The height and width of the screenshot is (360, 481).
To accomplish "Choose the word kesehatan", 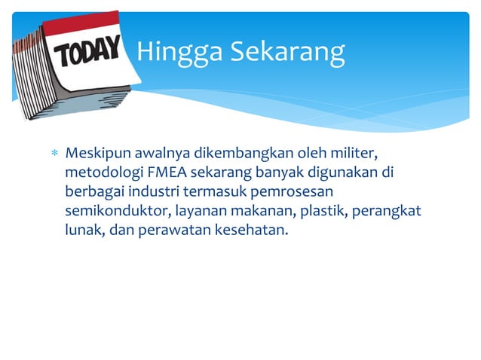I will coord(250,230).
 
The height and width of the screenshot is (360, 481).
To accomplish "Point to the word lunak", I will coord(83,230).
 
